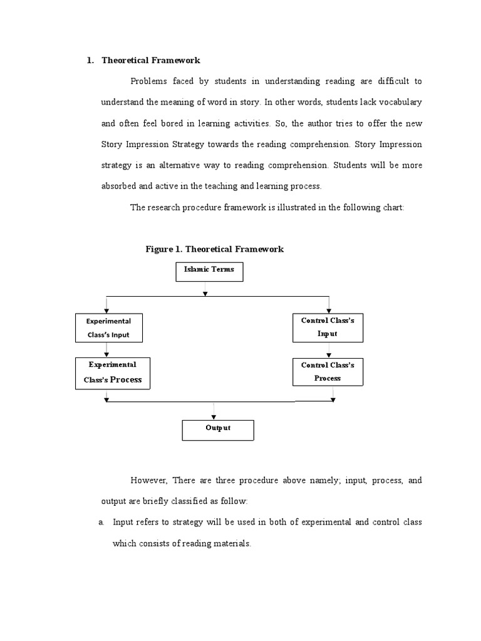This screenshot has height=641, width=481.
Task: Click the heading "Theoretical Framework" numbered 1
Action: pyautogui.click(x=151, y=61)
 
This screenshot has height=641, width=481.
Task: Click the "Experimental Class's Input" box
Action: pyautogui.click(x=108, y=328)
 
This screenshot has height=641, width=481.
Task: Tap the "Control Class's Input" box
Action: pyautogui.click(x=328, y=327)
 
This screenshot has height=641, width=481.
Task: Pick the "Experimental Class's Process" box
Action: pyautogui.click(x=113, y=372)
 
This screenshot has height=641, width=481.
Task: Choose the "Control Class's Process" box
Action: pyautogui.click(x=328, y=372)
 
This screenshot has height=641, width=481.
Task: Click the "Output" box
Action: pyautogui.click(x=218, y=429)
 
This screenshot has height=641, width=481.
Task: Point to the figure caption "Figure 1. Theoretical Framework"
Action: pyautogui.click(x=214, y=249)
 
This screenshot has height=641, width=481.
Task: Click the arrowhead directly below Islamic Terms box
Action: pyautogui.click(x=205, y=292)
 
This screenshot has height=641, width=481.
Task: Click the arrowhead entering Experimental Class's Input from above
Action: pyautogui.click(x=107, y=309)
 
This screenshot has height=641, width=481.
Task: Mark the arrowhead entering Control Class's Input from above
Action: pyautogui.click(x=329, y=309)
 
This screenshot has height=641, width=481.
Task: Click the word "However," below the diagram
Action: pyautogui.click(x=149, y=481)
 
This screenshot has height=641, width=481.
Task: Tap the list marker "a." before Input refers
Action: pyautogui.click(x=102, y=522)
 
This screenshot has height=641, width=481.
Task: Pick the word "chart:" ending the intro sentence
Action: pyautogui.click(x=393, y=207)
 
